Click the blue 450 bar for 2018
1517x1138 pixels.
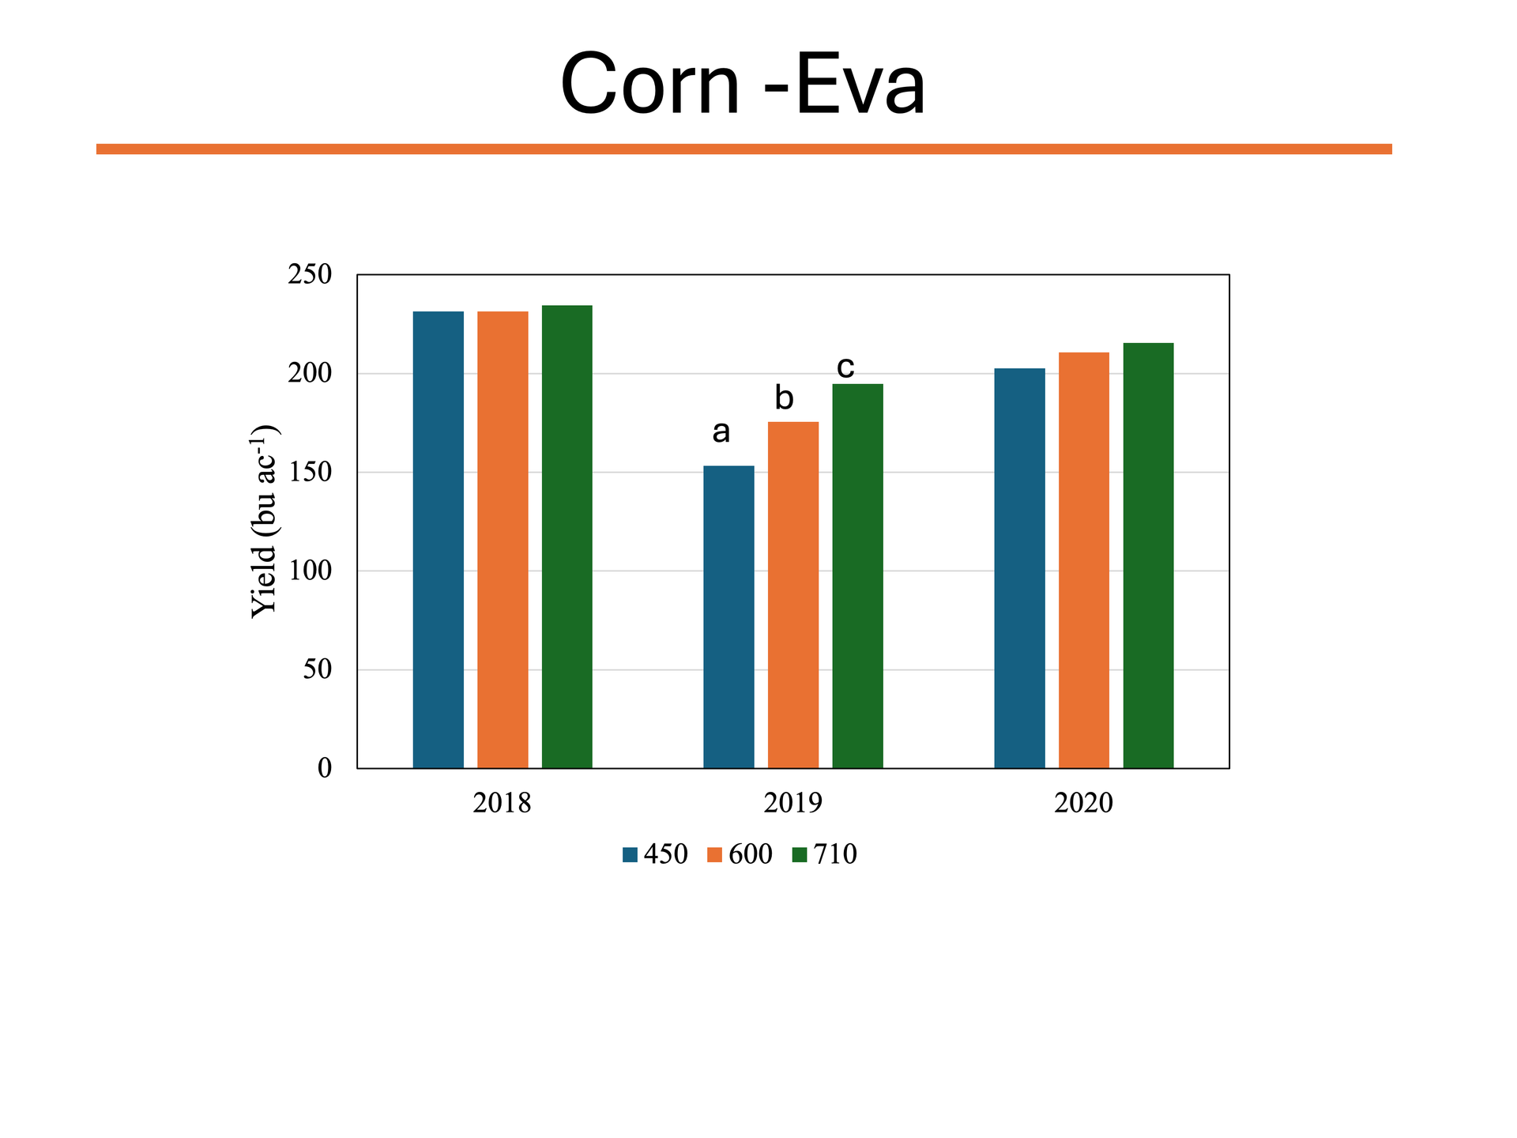(x=438, y=540)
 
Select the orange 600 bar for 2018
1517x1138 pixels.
(x=503, y=540)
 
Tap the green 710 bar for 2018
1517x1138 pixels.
(x=567, y=537)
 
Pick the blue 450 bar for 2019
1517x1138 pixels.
(x=728, y=617)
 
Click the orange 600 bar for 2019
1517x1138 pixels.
(x=793, y=595)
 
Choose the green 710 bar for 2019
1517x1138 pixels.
(x=857, y=576)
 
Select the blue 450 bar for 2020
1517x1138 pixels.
(x=1019, y=568)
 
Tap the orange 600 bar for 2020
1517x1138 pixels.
(x=1084, y=560)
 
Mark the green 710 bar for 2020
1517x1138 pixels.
(x=1148, y=556)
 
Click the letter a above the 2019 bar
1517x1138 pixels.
(x=721, y=432)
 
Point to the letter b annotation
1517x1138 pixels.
(x=784, y=398)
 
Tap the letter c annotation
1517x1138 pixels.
(x=845, y=367)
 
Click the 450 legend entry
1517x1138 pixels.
(x=655, y=854)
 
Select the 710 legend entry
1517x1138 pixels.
(x=825, y=854)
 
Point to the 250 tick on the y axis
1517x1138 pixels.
(x=310, y=275)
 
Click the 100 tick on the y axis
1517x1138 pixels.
(x=310, y=571)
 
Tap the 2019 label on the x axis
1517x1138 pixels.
(x=792, y=803)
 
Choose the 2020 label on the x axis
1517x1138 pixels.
(x=1083, y=803)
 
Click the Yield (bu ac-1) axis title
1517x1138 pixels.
(x=264, y=522)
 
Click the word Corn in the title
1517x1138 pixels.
(x=649, y=84)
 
